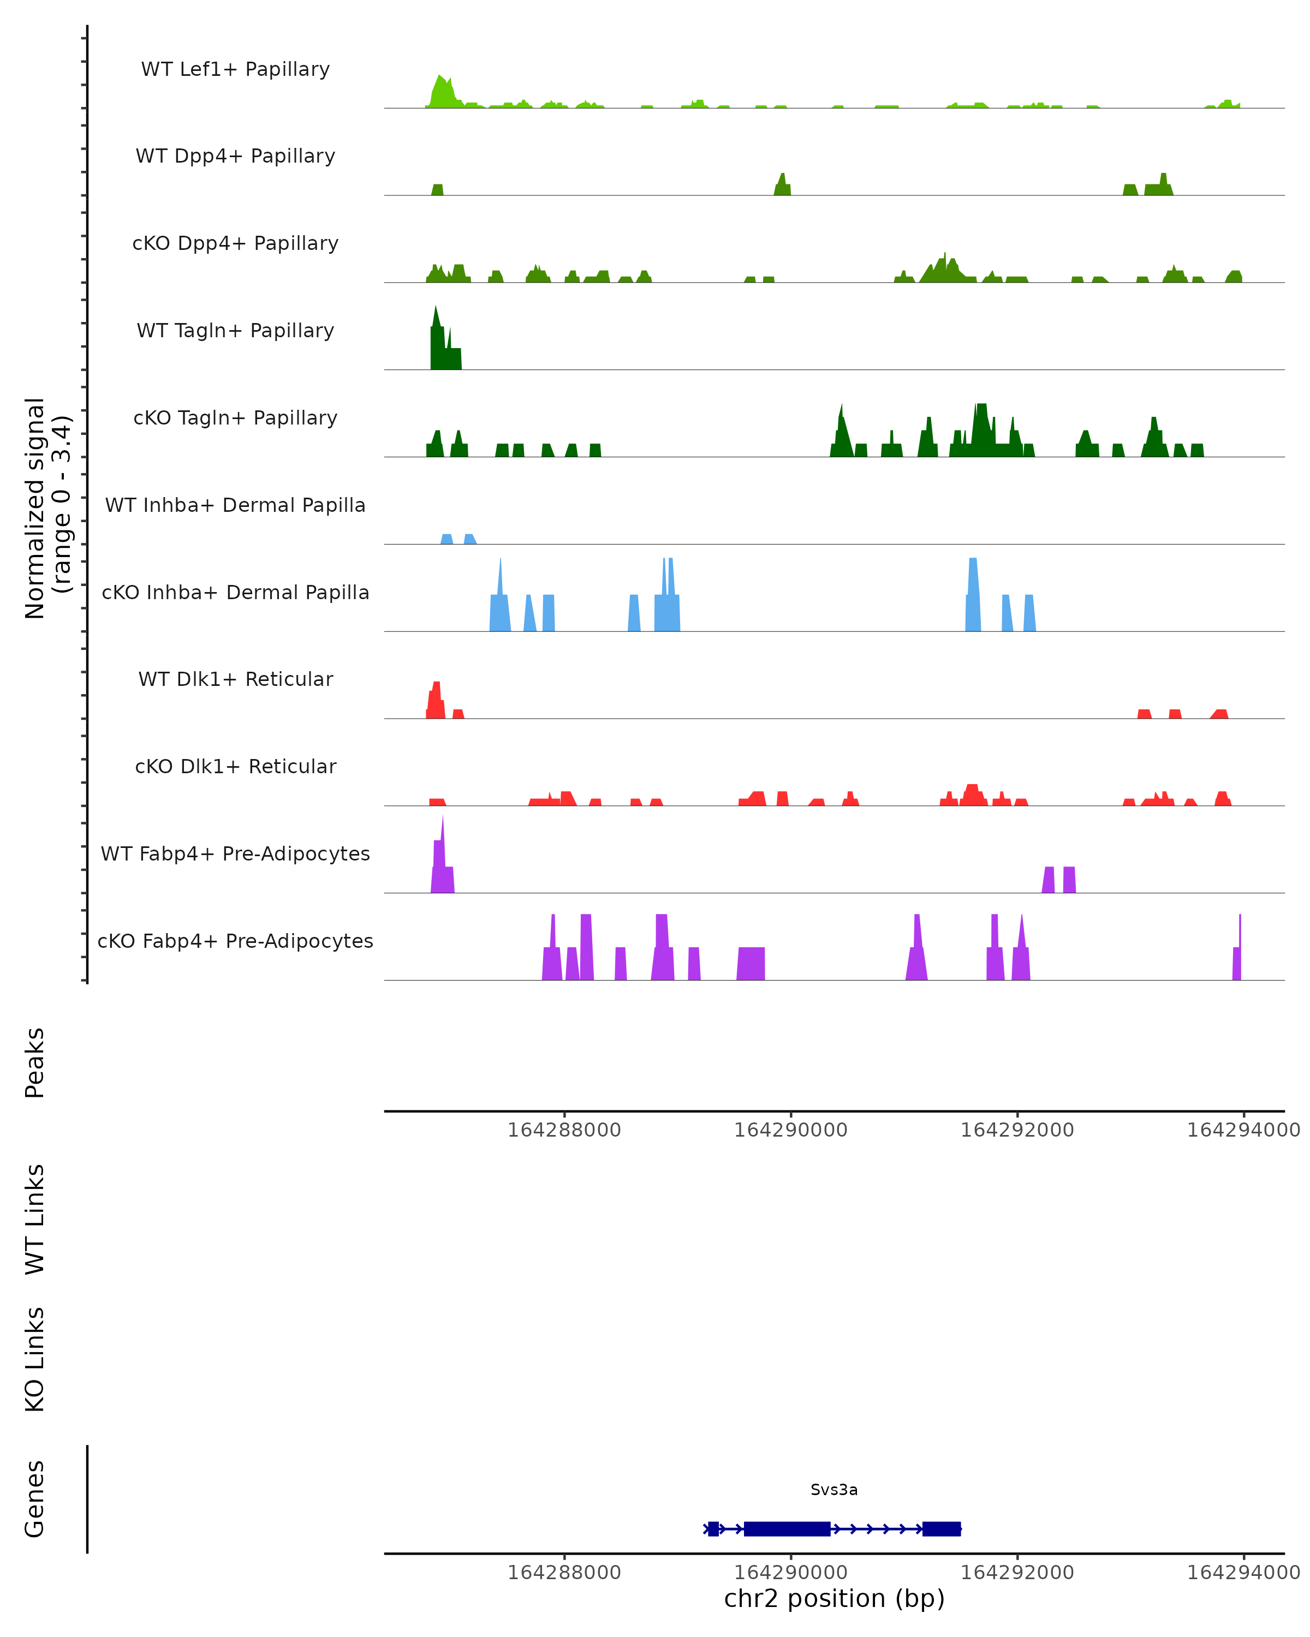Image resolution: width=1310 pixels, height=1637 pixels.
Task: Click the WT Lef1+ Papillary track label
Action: (235, 69)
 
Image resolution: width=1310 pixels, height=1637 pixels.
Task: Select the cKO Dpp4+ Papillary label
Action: (235, 243)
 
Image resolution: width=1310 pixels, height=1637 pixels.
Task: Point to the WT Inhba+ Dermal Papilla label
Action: (235, 505)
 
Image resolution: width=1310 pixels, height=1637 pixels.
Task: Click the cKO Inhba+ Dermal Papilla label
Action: (235, 592)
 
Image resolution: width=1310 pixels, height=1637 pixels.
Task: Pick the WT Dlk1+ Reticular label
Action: (235, 679)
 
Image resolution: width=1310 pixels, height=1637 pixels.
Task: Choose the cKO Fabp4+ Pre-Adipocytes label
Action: (235, 941)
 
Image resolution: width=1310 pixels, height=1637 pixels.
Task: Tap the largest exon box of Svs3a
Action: (787, 1528)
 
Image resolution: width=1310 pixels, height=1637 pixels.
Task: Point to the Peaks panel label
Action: (35, 1062)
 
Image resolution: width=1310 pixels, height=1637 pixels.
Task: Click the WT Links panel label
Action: (35, 1218)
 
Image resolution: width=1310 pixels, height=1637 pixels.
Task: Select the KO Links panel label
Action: (35, 1359)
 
